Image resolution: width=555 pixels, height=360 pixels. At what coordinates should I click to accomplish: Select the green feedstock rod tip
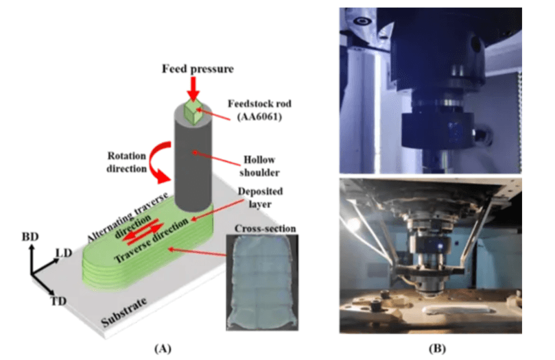pos(191,110)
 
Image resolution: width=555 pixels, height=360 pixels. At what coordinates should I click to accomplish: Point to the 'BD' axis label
pos(32,237)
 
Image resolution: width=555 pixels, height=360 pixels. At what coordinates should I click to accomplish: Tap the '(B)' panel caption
pos(437,348)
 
